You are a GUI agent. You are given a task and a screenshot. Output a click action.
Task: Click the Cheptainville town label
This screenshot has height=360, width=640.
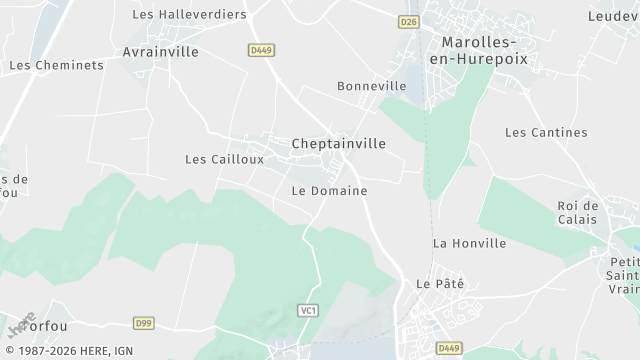click(x=338, y=144)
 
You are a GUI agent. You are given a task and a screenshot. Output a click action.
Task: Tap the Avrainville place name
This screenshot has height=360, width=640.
click(x=160, y=52)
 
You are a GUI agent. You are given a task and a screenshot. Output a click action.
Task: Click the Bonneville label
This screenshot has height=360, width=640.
click(x=372, y=86)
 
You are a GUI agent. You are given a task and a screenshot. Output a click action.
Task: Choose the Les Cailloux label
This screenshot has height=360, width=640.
click(x=225, y=159)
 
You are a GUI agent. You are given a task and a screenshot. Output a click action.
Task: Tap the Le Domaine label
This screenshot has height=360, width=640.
click(x=329, y=190)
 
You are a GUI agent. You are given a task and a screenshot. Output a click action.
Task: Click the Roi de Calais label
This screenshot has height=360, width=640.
click(x=577, y=213)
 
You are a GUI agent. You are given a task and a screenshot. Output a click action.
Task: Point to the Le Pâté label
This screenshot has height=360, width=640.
click(x=441, y=284)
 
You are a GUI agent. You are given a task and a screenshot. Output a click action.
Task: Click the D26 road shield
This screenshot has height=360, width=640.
click(x=409, y=21)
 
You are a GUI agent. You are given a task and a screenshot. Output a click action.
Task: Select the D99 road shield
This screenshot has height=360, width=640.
click(x=143, y=323)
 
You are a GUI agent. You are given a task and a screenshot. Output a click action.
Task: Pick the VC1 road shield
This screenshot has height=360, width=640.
click(x=308, y=311)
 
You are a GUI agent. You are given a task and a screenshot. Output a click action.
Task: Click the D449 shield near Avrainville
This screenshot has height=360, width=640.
click(x=261, y=49)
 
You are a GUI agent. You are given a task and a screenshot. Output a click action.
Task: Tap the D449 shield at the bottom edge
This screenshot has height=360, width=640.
click(x=449, y=348)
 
